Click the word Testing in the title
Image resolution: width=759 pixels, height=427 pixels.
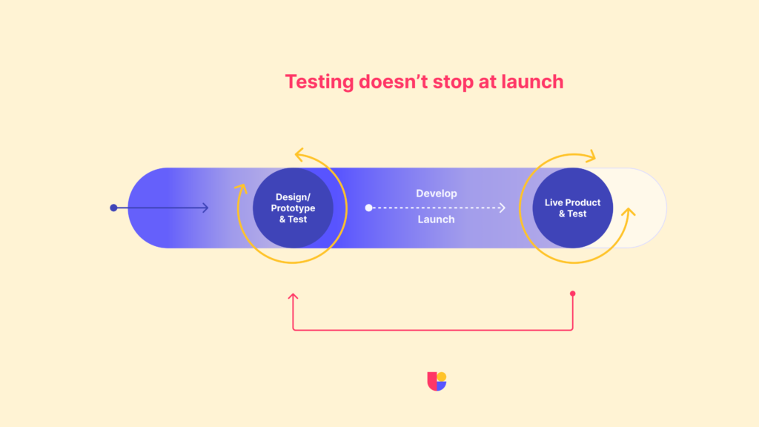pos(319,82)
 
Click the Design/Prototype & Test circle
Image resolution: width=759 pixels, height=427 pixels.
pos(293,208)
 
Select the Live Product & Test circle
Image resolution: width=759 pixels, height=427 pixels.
pos(572,208)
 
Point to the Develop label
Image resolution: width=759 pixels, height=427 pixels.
pos(436,193)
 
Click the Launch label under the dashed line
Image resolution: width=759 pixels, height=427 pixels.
pos(436,219)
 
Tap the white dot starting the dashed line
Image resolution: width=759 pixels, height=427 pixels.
pos(368,208)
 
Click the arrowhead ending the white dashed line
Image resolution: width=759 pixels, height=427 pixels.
pos(503,208)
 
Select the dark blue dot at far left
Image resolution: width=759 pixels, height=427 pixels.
pos(113,208)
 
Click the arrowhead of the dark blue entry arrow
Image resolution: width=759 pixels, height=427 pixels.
pos(205,208)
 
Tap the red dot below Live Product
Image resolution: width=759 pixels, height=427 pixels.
pos(572,294)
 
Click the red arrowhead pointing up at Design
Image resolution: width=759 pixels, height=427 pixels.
pos(293,297)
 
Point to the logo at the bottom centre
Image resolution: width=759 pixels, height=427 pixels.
pos(437,381)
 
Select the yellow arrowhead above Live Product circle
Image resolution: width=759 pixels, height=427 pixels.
pos(591,156)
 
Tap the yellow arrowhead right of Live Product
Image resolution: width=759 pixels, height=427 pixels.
pos(630,213)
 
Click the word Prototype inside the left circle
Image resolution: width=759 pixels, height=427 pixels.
pos(293,208)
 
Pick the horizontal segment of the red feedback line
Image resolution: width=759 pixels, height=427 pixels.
pos(433,329)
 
